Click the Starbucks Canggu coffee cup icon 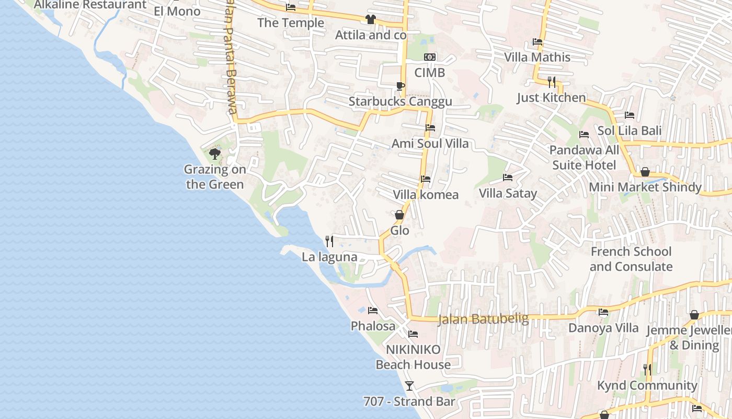click(400, 86)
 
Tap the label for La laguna click(329, 257)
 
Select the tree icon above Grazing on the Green click(214, 154)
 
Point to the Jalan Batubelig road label click(483, 319)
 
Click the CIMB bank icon click(430, 57)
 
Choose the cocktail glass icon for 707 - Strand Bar click(409, 386)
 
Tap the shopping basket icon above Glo click(399, 215)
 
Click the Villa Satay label click(508, 193)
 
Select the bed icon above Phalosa click(373, 311)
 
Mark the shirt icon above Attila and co click(371, 19)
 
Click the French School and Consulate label click(631, 259)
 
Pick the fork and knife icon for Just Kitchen click(551, 82)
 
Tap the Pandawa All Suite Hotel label click(584, 158)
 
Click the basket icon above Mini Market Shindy click(645, 172)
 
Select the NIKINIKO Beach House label click(413, 357)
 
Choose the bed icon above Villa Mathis click(537, 42)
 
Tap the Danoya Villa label click(603, 328)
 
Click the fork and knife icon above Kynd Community click(647, 369)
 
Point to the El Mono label click(177, 11)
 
